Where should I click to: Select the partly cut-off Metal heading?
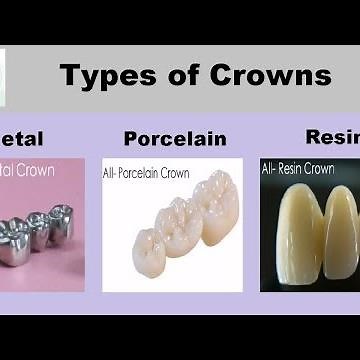pos(21,139)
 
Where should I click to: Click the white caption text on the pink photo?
pos(27,171)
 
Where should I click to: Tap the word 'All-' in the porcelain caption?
pos(113,172)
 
